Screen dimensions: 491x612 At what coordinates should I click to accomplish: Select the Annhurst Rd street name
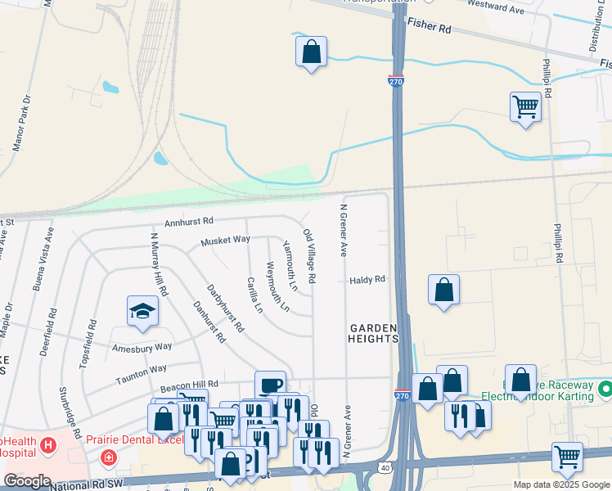coord(188,221)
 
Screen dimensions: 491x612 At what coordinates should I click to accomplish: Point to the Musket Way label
coord(225,240)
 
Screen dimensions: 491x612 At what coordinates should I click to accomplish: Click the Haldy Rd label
coord(367,280)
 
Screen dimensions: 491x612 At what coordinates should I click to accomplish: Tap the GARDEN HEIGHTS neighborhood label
coord(374,334)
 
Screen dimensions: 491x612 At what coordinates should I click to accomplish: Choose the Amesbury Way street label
coord(142,346)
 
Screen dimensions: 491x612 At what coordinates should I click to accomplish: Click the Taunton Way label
coord(141,370)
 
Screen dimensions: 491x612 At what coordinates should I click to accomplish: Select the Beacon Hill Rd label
coord(189,384)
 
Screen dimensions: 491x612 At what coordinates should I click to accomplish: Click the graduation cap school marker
coord(142,312)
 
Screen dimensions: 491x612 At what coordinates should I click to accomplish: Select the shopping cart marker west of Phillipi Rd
coord(524,106)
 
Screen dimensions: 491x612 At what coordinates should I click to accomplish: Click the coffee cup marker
coord(270,385)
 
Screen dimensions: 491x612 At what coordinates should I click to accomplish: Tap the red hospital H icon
coord(48,446)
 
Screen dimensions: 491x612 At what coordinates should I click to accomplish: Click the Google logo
coord(27,481)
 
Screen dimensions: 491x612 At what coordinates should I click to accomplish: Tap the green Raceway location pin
coord(604,386)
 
